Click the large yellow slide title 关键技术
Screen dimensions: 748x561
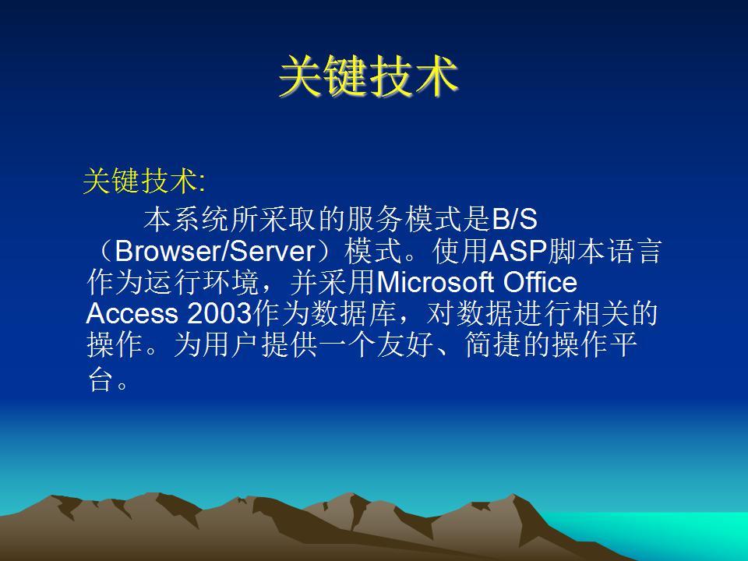pos(369,76)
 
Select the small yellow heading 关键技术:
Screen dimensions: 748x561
pos(144,182)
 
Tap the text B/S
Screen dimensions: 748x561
pos(513,219)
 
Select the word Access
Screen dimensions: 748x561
pos(132,313)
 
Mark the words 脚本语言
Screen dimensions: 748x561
pos(605,250)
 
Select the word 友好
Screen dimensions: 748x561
pos(404,345)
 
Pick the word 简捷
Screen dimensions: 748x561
pos(492,345)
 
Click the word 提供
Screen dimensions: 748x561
pos(289,345)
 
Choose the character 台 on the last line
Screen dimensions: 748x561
pos(101,379)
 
